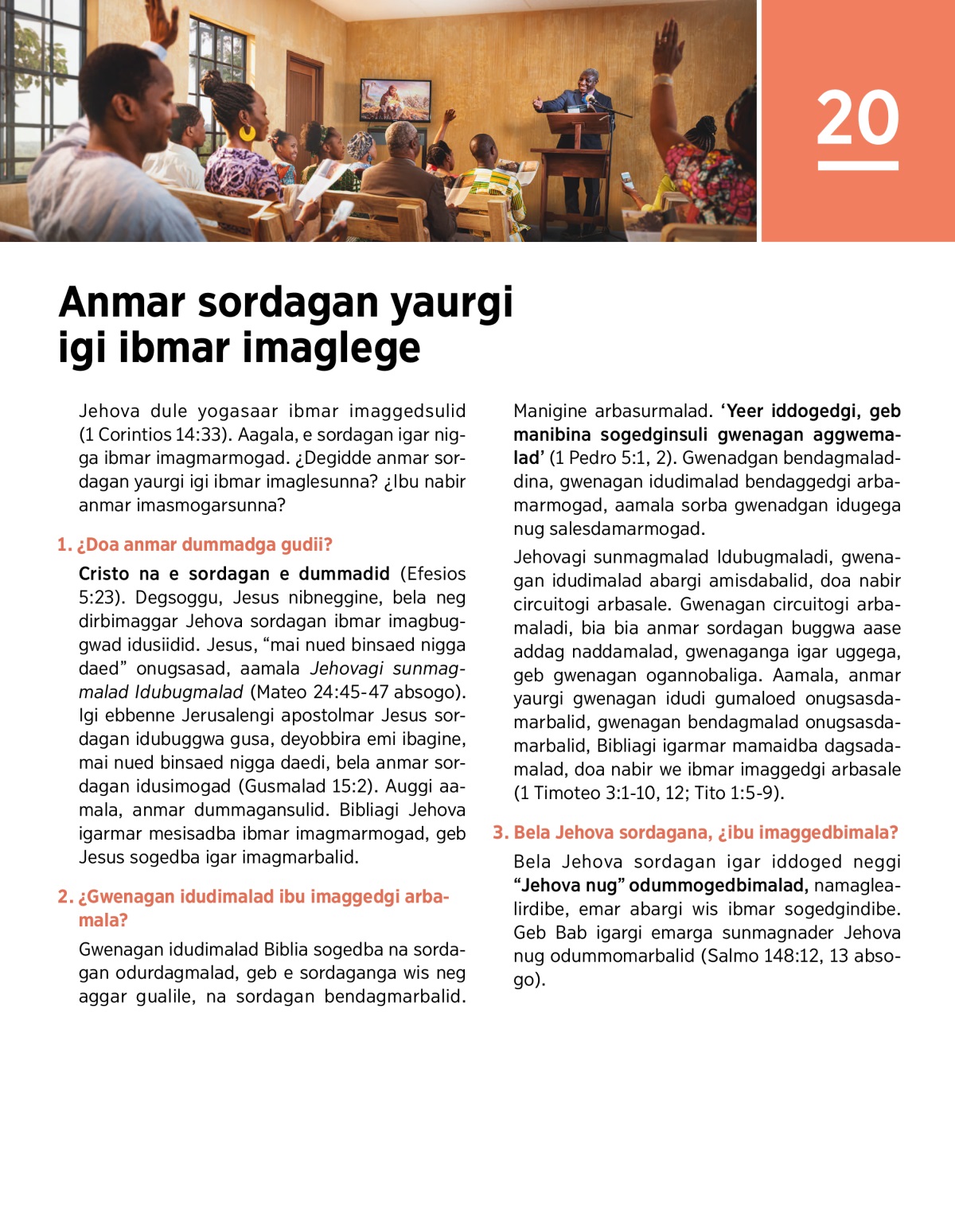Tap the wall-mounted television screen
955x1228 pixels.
tap(396, 99)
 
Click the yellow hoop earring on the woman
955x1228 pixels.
tap(247, 131)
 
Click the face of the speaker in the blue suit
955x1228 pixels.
tap(589, 80)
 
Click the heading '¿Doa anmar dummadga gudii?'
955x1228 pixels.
tap(205, 544)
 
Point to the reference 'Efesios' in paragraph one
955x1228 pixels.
tap(433, 574)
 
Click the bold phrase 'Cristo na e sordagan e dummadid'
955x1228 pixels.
tap(234, 574)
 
